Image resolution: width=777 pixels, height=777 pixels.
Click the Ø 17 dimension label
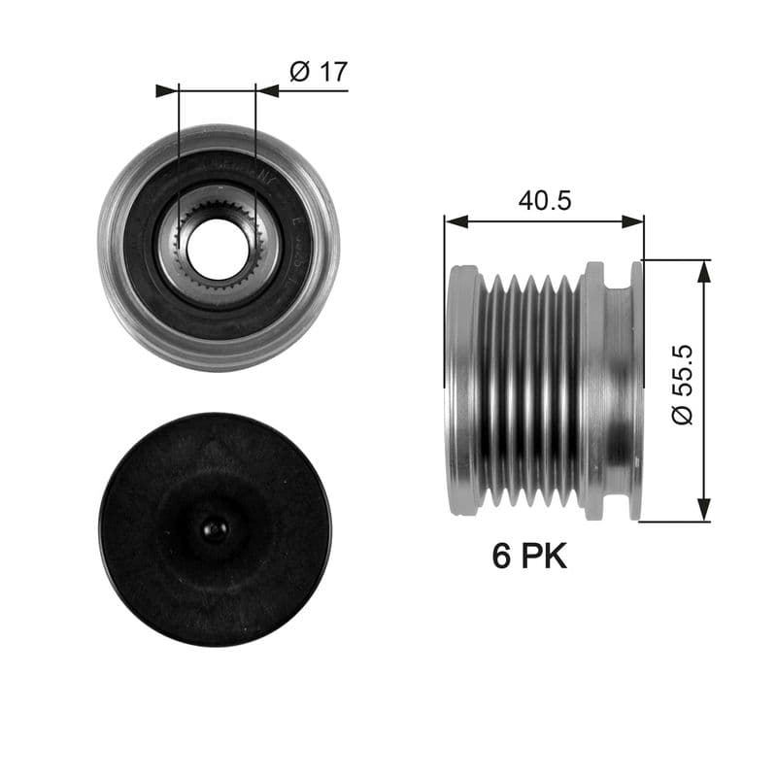click(319, 72)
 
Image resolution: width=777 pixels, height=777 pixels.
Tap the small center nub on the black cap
click(215, 528)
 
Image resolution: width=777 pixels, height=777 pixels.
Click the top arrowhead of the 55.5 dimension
click(704, 271)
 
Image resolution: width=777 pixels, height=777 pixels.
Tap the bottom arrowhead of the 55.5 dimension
click(704, 510)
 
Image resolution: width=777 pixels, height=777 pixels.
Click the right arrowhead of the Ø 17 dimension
click(267, 90)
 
